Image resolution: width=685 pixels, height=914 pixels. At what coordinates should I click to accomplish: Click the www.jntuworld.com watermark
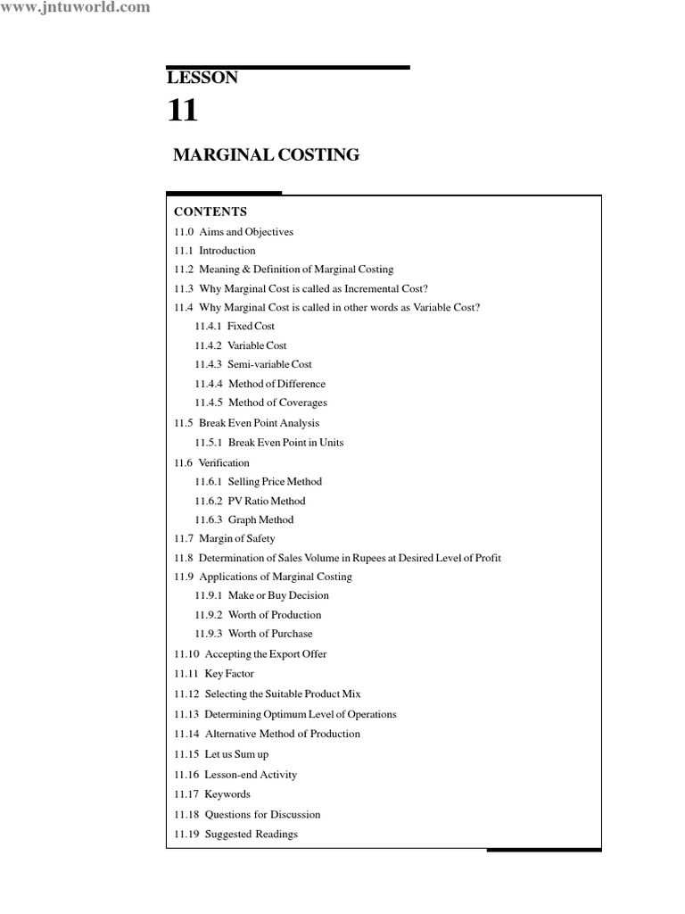[x=75, y=8]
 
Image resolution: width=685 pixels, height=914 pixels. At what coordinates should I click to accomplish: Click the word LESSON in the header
[x=202, y=78]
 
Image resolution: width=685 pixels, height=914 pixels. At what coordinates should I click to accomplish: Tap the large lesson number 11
[x=183, y=112]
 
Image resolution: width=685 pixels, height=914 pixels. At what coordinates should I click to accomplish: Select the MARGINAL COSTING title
[x=266, y=155]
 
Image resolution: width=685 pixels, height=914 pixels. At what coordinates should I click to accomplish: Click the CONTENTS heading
[x=210, y=212]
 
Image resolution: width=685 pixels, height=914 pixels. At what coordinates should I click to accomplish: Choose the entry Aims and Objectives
[x=246, y=232]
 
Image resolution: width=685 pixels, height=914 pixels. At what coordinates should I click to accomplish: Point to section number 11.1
[x=184, y=251]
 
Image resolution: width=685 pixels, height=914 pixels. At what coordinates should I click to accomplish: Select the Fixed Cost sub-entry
[x=251, y=327]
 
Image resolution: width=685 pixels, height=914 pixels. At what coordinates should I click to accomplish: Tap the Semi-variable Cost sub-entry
[x=269, y=364]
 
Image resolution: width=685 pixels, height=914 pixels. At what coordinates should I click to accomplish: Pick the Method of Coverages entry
[x=277, y=403]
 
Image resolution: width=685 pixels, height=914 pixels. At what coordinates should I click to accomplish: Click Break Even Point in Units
[x=285, y=443]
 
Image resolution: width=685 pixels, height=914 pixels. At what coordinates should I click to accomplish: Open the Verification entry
[x=224, y=463]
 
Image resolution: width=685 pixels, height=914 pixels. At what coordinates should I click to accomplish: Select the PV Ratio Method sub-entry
[x=267, y=501]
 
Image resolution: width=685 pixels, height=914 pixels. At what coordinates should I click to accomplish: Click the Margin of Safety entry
[x=237, y=539]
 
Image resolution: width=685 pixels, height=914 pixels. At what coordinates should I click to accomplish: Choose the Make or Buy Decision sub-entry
[x=278, y=595]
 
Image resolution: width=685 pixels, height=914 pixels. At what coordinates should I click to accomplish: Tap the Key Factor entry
[x=229, y=674]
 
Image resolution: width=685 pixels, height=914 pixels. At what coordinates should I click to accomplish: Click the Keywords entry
[x=227, y=794]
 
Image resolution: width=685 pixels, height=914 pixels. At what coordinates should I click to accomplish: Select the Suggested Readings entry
[x=252, y=835]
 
